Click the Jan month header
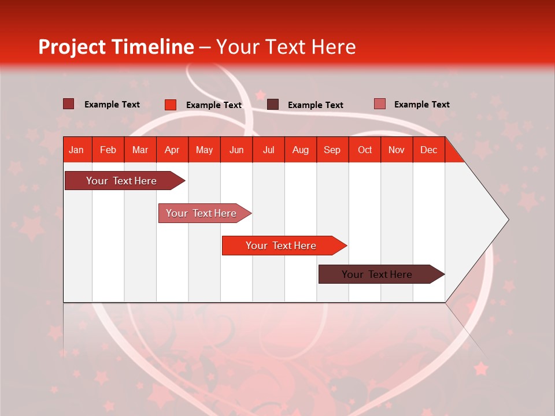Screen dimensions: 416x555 [76, 150]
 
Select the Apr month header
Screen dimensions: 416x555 [172, 150]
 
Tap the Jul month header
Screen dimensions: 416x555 [268, 150]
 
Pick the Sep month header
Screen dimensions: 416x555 [332, 150]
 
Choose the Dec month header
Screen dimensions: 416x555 [428, 150]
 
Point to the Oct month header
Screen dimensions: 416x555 [365, 150]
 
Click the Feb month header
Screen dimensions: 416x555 [108, 150]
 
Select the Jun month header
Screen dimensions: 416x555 [236, 150]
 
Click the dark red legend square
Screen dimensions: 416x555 [68, 104]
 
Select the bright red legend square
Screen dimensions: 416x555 [170, 105]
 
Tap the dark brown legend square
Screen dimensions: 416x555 [273, 105]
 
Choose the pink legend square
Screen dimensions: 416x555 [379, 104]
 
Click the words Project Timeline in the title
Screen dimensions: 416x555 [116, 47]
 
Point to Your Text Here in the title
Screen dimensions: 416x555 [286, 47]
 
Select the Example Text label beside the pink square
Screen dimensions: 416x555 [421, 104]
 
